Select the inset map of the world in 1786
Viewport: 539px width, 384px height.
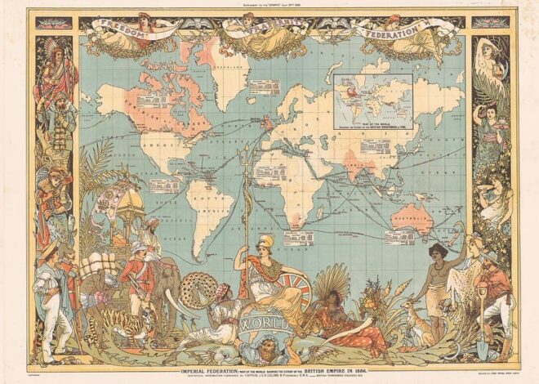373,97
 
